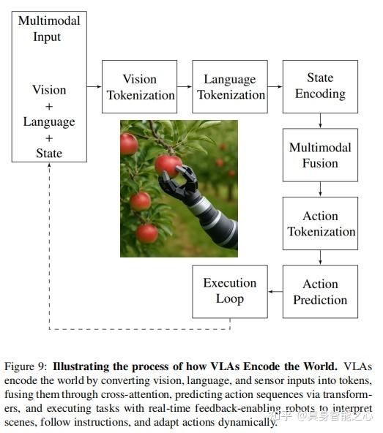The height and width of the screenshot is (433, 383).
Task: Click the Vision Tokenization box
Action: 139,86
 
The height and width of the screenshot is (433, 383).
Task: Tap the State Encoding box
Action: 320,86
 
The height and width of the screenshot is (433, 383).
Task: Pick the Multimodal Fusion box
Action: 320,155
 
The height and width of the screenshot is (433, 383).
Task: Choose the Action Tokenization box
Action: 320,224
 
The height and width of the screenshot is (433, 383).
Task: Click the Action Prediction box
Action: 320,292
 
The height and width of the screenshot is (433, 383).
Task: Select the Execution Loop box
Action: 229,292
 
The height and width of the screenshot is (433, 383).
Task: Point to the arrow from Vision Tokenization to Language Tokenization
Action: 185,86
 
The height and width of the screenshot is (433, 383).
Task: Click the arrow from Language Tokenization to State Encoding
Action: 275,86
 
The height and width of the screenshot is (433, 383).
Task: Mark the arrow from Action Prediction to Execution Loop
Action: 275,292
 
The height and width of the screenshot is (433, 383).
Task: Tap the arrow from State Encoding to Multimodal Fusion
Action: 320,121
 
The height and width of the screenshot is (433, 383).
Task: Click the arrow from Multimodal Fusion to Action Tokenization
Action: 320,189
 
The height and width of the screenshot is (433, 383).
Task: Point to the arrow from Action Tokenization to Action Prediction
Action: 320,258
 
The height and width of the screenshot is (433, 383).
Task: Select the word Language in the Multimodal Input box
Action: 49,121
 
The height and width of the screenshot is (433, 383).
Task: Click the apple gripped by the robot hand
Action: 168,164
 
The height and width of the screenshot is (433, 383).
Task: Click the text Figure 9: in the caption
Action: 26,366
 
